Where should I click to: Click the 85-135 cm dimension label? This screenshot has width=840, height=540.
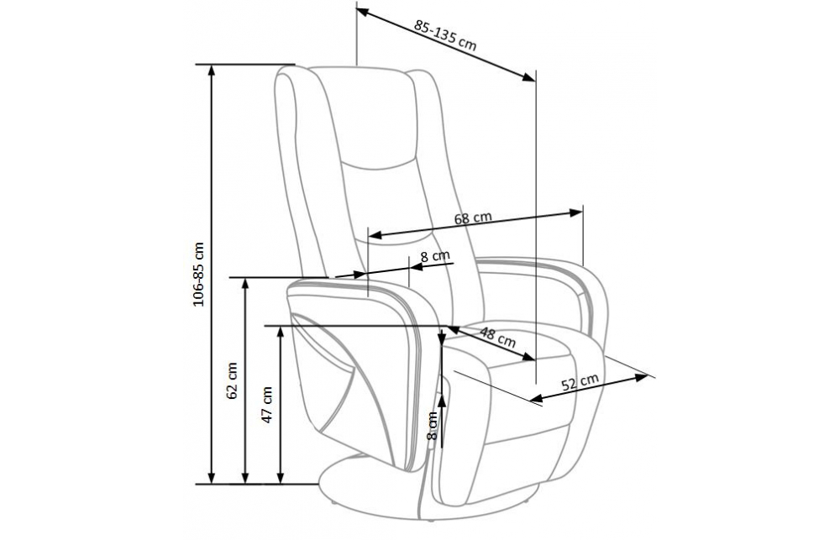445,34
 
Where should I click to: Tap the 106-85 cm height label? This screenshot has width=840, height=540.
199,274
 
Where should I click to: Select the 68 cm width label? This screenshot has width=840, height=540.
472,218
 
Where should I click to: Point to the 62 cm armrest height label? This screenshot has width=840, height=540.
232,381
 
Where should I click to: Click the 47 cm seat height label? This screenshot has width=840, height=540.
267,405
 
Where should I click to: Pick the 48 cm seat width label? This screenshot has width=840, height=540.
497,337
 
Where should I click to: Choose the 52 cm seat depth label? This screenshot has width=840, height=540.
580,381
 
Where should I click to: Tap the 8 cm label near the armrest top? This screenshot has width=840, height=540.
434,256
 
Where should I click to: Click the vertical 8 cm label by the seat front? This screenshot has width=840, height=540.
433,426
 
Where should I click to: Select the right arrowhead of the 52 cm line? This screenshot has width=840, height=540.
642,377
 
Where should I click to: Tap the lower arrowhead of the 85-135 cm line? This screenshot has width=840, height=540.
528,77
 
